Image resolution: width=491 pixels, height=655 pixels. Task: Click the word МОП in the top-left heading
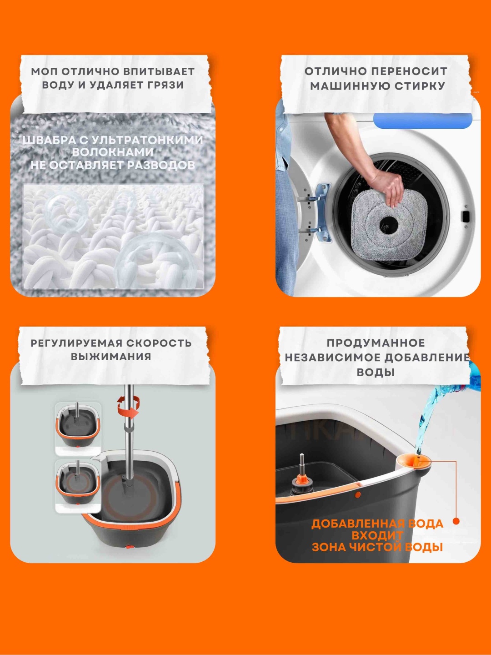(45, 71)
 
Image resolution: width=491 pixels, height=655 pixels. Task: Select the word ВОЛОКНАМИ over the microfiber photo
(113, 152)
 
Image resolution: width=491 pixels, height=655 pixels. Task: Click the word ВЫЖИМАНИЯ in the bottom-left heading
(111, 357)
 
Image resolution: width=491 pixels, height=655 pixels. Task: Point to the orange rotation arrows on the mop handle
(129, 407)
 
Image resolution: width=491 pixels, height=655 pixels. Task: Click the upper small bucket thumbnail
(78, 429)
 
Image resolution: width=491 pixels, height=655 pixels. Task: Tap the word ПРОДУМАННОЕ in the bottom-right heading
(376, 343)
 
